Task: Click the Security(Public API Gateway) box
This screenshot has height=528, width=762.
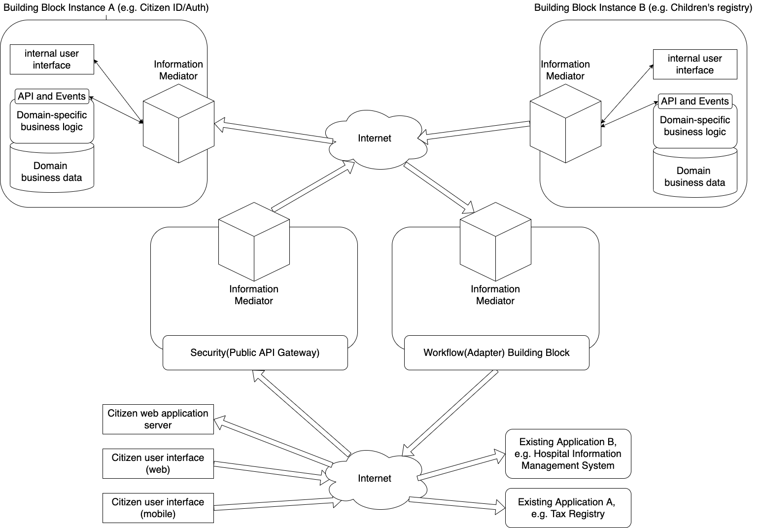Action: click(255, 352)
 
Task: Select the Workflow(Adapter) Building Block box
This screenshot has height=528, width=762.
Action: click(496, 352)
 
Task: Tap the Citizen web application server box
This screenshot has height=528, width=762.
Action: click(158, 419)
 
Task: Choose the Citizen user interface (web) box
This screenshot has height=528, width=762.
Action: click(158, 463)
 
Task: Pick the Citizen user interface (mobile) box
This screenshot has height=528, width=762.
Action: click(158, 508)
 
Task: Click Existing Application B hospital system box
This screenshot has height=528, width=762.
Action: click(568, 454)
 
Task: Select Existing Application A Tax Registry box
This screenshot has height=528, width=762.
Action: click(568, 508)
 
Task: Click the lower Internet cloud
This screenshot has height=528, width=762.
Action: click(375, 479)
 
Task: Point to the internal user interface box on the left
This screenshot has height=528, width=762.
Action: click(52, 59)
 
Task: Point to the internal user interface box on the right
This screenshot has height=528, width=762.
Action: click(694, 64)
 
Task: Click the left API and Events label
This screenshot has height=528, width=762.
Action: click(52, 96)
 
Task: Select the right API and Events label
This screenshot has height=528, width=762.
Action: click(694, 101)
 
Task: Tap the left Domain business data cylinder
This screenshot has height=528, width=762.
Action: click(52, 170)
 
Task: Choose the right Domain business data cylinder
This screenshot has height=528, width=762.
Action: click(694, 175)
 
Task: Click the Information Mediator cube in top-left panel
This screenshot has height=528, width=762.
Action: click(178, 123)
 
